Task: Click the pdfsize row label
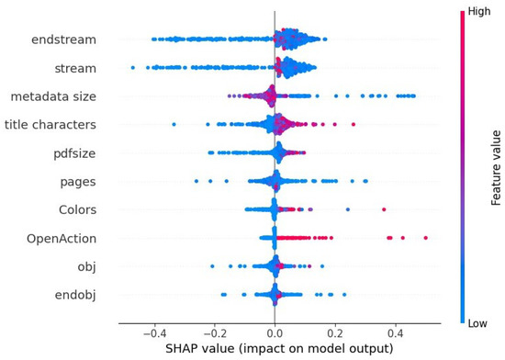(73, 152)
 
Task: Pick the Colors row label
(75, 208)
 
